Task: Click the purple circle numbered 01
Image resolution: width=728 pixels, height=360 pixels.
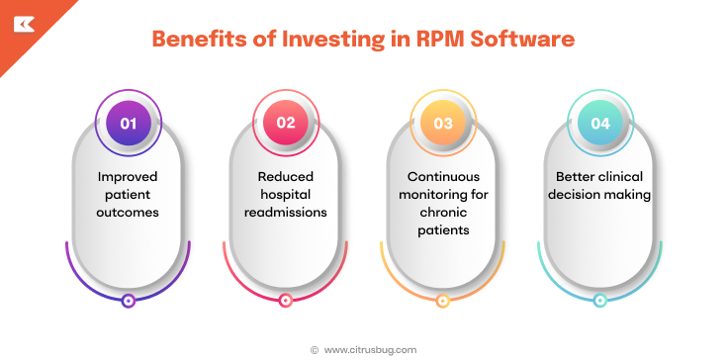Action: point(129,124)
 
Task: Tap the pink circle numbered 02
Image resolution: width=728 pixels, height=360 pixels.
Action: point(286,124)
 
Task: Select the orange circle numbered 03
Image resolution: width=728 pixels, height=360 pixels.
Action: point(443,124)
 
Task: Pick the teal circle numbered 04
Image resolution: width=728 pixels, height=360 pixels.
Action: point(600,124)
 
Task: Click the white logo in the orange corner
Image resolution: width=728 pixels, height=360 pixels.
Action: point(22,22)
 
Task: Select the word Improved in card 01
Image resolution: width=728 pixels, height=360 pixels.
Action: point(128,177)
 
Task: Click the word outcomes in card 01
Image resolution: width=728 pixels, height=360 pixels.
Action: point(128,213)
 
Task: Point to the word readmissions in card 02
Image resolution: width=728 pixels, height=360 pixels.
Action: point(286,213)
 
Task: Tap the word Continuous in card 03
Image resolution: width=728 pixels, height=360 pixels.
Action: point(443,177)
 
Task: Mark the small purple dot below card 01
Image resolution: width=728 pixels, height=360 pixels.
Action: point(128,301)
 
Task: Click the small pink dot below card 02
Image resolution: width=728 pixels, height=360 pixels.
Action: point(286,301)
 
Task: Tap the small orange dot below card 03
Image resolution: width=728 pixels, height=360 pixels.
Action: point(443,301)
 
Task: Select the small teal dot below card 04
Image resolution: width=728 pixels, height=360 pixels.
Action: point(599,301)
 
